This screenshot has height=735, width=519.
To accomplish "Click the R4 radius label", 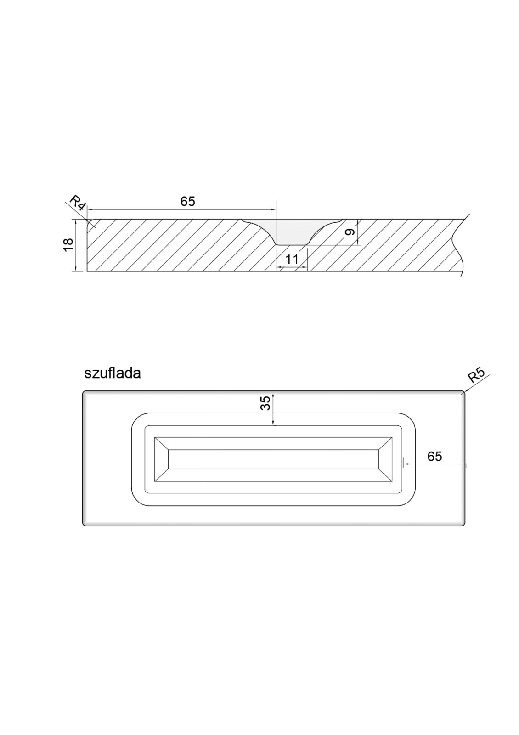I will click(x=77, y=203).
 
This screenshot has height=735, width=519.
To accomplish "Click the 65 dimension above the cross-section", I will click(x=187, y=201).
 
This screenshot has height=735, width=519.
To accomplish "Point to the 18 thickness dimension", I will click(x=68, y=245).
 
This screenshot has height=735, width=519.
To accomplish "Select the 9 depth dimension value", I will click(x=350, y=232).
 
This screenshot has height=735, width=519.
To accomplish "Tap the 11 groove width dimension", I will click(x=292, y=260).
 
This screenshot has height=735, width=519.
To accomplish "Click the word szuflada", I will click(x=113, y=373).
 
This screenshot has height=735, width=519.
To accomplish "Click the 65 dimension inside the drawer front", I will click(x=434, y=456).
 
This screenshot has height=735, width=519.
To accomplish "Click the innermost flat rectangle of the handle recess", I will click(x=273, y=459).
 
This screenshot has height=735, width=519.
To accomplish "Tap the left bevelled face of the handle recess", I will click(x=162, y=459).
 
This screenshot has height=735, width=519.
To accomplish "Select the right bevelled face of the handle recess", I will click(x=385, y=459).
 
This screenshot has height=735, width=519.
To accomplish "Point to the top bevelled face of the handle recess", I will click(x=273, y=443).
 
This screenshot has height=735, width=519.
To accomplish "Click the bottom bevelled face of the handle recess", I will click(x=273, y=475).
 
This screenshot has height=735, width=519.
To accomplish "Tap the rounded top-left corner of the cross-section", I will click(x=89, y=222).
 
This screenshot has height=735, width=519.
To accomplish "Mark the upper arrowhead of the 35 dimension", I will click(x=273, y=396).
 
